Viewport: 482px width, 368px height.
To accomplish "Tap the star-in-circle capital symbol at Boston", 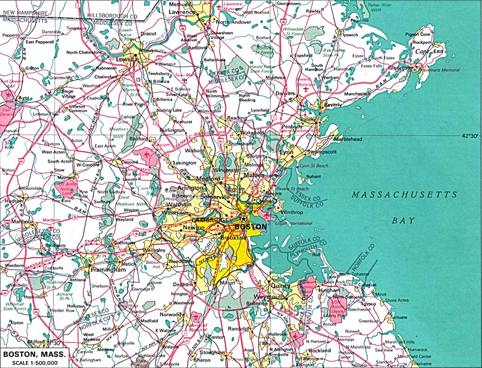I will pos(243,219).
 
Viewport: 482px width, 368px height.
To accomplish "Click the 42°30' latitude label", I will pos(470,136).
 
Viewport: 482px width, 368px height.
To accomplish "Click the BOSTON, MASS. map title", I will pos(35,355).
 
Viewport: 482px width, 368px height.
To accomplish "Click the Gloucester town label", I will pos(400,68).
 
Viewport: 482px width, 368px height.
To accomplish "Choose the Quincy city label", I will pos(281,285).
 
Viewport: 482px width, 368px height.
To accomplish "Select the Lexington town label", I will pos(184,163).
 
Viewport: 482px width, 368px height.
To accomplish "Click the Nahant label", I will pos(313,177).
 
